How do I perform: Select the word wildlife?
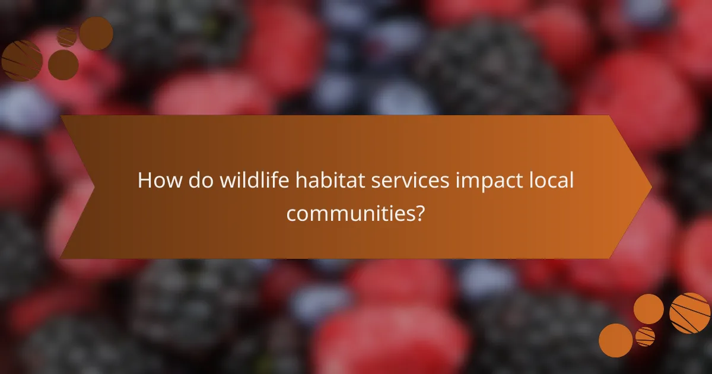click(x=243, y=181)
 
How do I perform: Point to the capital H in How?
click(x=144, y=181)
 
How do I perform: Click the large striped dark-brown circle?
click(x=22, y=61)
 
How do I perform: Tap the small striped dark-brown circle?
click(x=66, y=37)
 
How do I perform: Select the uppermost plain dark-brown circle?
click(x=96, y=33)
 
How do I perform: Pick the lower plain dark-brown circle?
click(x=63, y=65)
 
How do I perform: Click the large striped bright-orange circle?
click(x=690, y=313)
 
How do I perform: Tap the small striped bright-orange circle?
click(x=645, y=337)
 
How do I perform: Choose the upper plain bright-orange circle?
click(x=649, y=309)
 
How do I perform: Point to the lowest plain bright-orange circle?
click(x=615, y=340)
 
